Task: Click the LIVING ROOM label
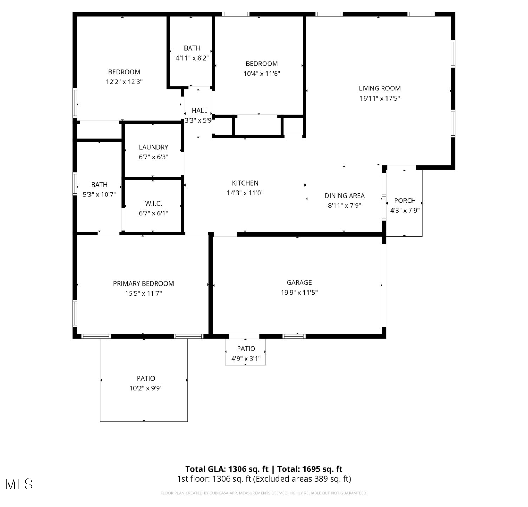pos(379,88)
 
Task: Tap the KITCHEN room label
pos(245,183)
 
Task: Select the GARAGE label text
pos(299,282)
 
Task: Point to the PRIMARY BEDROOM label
pos(143,283)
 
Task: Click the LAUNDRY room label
pos(153,147)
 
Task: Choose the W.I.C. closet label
pos(153,204)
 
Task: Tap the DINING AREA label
pos(345,196)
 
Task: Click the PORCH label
pos(405,201)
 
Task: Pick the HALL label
pos(199,111)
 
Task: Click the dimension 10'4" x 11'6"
pos(262,74)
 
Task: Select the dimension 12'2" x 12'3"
pos(124,82)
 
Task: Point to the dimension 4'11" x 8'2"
pos(192,58)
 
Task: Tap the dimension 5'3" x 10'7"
pos(99,194)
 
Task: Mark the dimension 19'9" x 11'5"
pos(299,292)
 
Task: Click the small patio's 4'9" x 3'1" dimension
pos(246,358)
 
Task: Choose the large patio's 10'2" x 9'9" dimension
pos(146,388)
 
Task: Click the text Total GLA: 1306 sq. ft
pos(227,469)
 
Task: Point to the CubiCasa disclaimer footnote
pos(264,493)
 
